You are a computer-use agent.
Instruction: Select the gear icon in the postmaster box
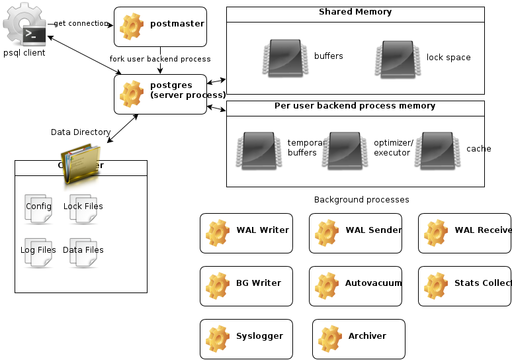(x=132, y=26)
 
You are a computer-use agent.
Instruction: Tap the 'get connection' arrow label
(x=81, y=23)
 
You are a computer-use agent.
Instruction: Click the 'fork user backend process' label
(x=160, y=59)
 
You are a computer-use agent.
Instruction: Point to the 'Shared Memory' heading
(x=355, y=12)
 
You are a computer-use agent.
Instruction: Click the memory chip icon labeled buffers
(x=283, y=57)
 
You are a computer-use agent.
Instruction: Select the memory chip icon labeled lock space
(x=396, y=57)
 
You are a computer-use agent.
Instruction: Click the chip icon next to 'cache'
(x=441, y=149)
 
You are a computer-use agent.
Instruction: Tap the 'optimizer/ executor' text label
(x=393, y=148)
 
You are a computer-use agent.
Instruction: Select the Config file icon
(x=38, y=208)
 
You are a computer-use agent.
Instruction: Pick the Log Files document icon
(x=38, y=251)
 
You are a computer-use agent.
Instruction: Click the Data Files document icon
(x=83, y=251)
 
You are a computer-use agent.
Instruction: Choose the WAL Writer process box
(x=246, y=233)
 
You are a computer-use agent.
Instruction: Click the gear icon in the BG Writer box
(x=218, y=285)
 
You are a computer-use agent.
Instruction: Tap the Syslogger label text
(x=259, y=336)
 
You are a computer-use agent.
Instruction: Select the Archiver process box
(x=359, y=339)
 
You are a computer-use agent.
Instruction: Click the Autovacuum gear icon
(x=327, y=285)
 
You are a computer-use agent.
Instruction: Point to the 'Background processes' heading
(x=361, y=200)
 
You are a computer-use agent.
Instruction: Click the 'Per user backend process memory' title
(x=355, y=106)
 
